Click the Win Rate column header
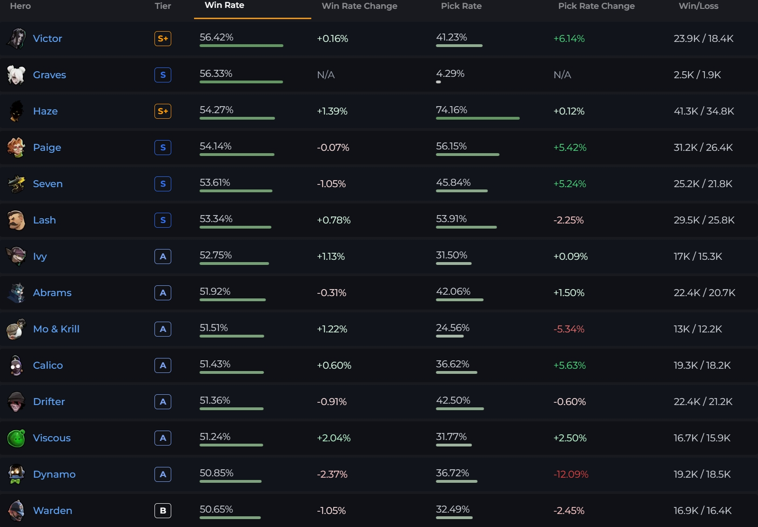[x=224, y=6]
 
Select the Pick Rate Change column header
[x=596, y=6]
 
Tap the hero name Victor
[x=47, y=39]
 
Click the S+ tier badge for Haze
[x=163, y=111]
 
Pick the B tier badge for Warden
[x=163, y=511]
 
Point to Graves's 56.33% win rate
[x=216, y=74]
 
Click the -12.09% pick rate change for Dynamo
[x=571, y=474]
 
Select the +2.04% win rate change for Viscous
[x=334, y=438]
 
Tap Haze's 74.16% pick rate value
[x=451, y=110]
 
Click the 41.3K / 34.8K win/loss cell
[x=704, y=111]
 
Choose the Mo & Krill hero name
[x=56, y=329]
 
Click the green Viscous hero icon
[x=16, y=438]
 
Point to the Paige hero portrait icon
[x=16, y=148]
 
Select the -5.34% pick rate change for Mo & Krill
[x=569, y=329]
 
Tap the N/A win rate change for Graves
[x=326, y=75]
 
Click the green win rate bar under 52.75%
[x=234, y=263]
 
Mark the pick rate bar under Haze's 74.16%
[x=477, y=118]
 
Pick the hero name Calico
[x=48, y=365]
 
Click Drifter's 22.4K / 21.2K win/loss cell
[x=703, y=402]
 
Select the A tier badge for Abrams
[x=163, y=293]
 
